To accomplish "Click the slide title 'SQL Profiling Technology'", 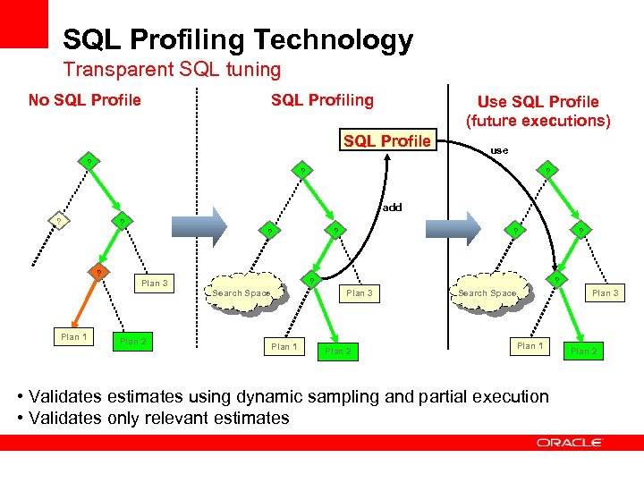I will [x=238, y=39].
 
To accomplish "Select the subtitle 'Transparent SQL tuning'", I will [x=172, y=69].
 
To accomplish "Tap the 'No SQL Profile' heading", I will [x=85, y=99].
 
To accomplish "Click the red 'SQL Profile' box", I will [x=387, y=140].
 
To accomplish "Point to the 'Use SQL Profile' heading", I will [x=538, y=102].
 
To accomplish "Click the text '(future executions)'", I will [x=538, y=121].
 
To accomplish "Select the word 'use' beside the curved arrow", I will [x=499, y=150].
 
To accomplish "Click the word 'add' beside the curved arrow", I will [x=392, y=207].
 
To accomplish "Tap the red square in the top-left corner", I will [x=23, y=23].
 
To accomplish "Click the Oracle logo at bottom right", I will [x=570, y=443].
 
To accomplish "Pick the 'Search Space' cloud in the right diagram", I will [x=487, y=293].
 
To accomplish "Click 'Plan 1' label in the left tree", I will [x=73, y=337].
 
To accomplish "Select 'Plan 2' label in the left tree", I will [x=133, y=342].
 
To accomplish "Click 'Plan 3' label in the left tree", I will [x=154, y=284].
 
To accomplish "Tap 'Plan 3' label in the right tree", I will [x=605, y=292].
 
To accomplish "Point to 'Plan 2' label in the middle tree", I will [x=338, y=352].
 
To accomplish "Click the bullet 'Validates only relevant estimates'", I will [x=159, y=418].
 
